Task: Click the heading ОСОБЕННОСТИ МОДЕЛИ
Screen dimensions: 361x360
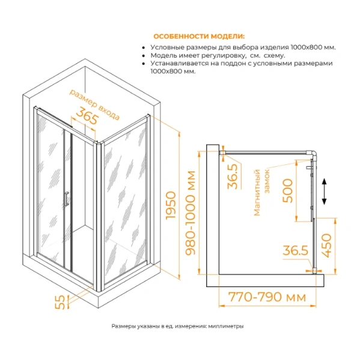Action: point(199,36)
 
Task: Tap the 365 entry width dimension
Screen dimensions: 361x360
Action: point(87,118)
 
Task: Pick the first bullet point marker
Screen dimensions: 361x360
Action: point(142,46)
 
